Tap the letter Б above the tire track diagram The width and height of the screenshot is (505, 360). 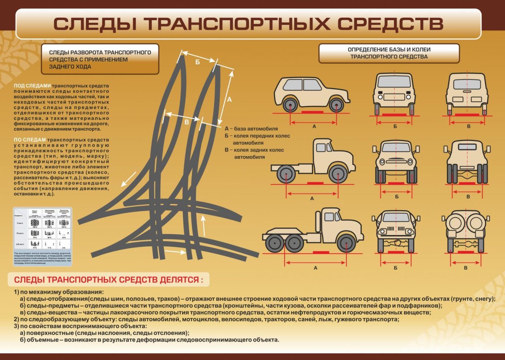pos(198,62)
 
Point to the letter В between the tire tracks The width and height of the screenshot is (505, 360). pos(187,122)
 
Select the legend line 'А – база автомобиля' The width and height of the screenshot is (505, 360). pos(251,129)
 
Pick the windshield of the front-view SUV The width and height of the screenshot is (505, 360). pos(394,82)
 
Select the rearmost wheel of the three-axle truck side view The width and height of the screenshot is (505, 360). pos(274,243)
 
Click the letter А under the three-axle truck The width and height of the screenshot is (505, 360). pos(315,267)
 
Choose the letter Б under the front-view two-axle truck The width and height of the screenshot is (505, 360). pos(396,197)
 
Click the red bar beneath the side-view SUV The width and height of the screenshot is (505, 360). pos(312,113)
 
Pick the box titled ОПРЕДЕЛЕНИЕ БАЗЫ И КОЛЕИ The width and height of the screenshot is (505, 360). pos(389,53)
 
